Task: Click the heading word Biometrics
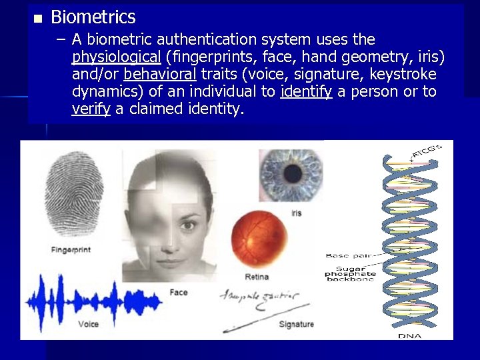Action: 93,17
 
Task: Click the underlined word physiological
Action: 117,57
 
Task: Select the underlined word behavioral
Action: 160,74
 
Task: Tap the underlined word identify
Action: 306,91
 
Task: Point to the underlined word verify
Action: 91,109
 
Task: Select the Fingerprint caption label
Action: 70,250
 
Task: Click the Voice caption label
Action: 88,324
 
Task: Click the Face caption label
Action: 179,292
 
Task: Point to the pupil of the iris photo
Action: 292,174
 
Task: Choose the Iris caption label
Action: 297,213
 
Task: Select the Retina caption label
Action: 257,276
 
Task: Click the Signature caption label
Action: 296,325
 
